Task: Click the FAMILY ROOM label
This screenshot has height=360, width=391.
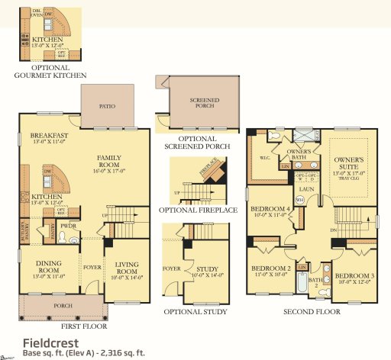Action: (109, 162)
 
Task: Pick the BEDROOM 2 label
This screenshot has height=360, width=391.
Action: (270, 268)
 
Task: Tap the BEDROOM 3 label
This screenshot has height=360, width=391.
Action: (353, 275)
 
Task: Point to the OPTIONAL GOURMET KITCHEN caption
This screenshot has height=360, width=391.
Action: (50, 76)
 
